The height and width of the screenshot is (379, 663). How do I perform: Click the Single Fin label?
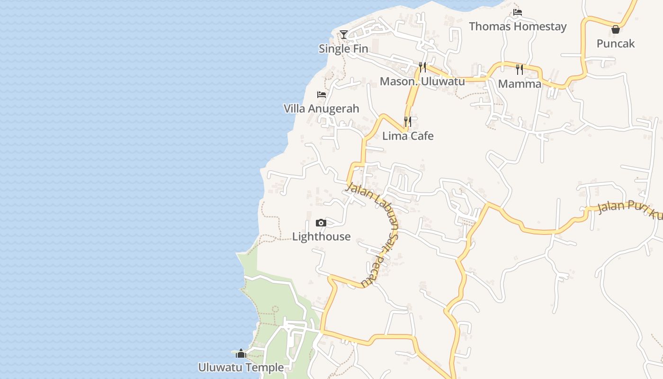(x=343, y=48)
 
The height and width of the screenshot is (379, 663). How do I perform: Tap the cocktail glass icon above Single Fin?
(x=344, y=35)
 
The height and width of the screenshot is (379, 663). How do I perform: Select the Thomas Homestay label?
(x=518, y=26)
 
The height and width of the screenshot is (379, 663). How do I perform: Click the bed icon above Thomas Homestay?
(x=518, y=12)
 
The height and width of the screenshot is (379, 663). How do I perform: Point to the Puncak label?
(x=615, y=44)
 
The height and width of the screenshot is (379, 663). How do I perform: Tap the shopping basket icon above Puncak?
(x=615, y=29)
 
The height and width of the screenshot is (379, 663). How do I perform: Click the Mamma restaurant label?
(x=520, y=84)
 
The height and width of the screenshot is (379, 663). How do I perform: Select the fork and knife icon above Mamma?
(x=520, y=70)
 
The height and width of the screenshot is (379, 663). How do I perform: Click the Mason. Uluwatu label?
(x=422, y=81)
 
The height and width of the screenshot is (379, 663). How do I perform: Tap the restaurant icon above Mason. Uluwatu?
(x=422, y=67)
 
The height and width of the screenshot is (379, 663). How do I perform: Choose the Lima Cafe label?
(x=408, y=136)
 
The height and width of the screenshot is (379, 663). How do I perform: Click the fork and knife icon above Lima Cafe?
(x=408, y=122)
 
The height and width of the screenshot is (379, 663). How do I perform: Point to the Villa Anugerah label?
(x=321, y=108)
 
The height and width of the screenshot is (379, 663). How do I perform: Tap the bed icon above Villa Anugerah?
(x=322, y=95)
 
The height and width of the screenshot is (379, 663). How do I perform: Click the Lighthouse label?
(x=321, y=236)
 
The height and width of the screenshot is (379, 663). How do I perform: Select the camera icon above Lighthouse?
(x=321, y=223)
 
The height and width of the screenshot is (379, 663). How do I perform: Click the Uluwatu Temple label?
(x=241, y=367)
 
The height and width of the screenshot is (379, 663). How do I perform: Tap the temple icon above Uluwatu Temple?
(x=241, y=353)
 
